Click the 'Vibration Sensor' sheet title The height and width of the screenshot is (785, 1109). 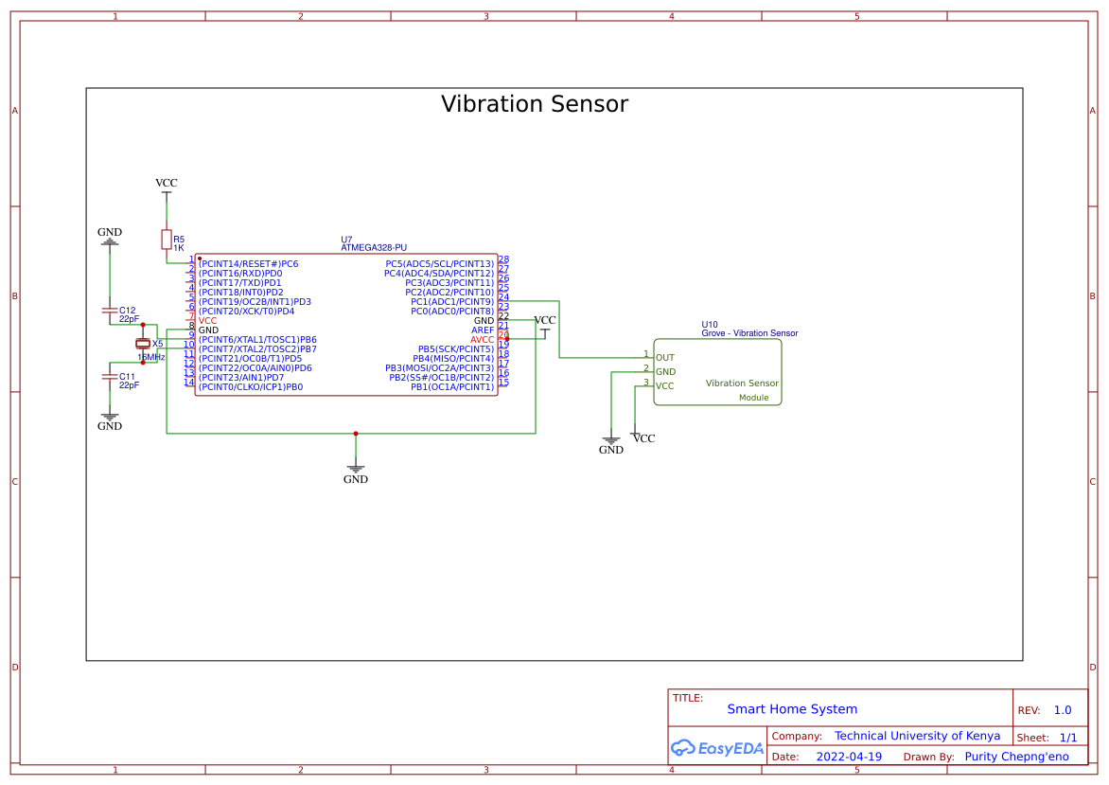534,104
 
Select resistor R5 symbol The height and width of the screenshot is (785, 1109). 167,240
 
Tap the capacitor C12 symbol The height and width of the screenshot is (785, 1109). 110,312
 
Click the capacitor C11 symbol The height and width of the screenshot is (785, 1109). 110,378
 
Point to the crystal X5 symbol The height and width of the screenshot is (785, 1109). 143,344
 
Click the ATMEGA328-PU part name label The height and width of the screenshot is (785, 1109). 373,248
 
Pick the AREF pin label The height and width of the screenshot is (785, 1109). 482,330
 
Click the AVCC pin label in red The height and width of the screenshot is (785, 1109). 482,340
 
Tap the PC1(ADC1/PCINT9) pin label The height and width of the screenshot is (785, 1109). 451,302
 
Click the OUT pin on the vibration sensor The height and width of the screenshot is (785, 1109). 664,358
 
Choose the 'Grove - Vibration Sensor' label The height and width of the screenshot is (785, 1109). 749,333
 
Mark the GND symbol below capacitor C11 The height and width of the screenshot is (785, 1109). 110,421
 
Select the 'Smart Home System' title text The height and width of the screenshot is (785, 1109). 792,709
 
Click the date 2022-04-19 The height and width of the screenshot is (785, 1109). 849,758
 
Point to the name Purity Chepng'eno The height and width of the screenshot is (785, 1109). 1016,758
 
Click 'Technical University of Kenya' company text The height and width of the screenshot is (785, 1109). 917,737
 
